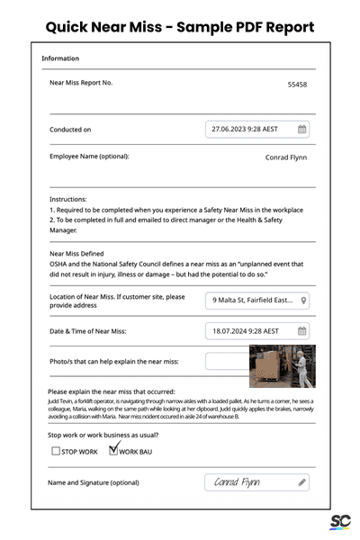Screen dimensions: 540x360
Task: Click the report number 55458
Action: [x=297, y=85]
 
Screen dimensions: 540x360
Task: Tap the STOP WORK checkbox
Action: [x=57, y=451]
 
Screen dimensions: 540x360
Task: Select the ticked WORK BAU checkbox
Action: [x=113, y=450]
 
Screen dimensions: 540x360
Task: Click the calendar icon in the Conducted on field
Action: [x=302, y=130]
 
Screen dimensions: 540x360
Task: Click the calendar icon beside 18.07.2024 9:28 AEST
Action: [x=302, y=331]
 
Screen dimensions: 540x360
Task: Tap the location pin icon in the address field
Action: [x=304, y=301]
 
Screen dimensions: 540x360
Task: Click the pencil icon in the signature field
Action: [x=302, y=482]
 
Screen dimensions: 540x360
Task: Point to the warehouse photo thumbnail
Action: [x=282, y=366]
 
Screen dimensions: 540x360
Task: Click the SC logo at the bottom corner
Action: [x=339, y=522]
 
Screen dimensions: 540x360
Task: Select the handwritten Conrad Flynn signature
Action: [x=238, y=483]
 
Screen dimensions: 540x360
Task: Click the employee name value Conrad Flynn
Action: [x=286, y=157]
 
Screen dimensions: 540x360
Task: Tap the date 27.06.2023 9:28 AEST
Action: [x=244, y=130]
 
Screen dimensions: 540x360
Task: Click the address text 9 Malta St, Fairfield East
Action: [x=252, y=301]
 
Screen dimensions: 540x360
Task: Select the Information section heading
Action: [x=60, y=59]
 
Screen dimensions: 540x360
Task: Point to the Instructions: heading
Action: [x=68, y=199]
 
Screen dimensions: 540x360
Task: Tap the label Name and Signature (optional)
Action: [x=94, y=482]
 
